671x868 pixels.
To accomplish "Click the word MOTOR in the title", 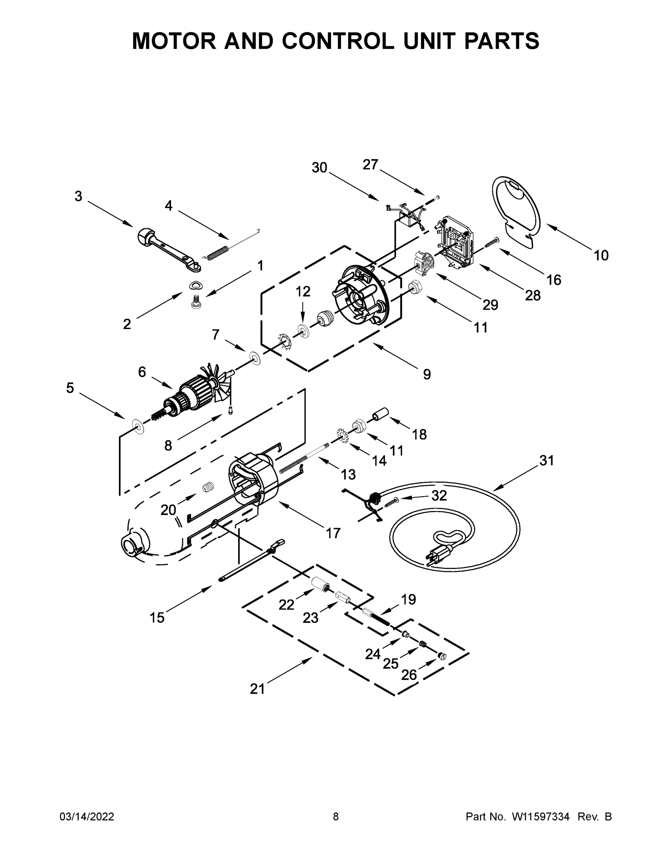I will pyautogui.click(x=173, y=41).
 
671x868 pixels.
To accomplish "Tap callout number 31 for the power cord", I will pyautogui.click(x=547, y=461).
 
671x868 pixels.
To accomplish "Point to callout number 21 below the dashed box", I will pyautogui.click(x=257, y=689).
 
